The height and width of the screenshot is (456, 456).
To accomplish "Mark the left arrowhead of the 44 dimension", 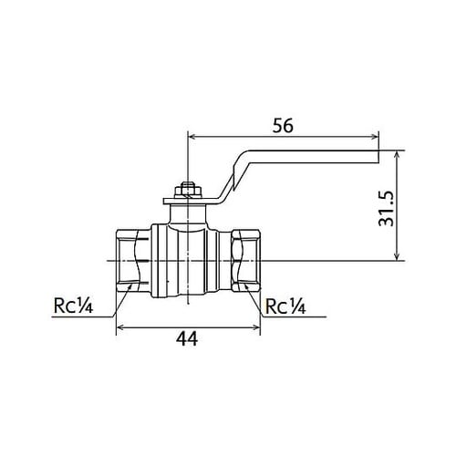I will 118,326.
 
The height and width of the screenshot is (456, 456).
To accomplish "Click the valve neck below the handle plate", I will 187,215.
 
